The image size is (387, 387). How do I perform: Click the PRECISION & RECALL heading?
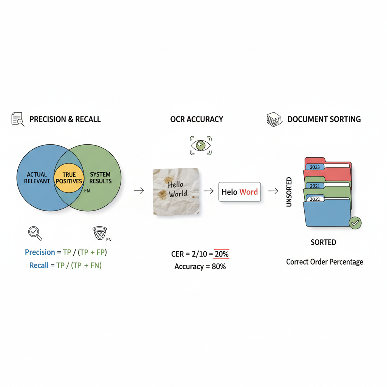(x=65, y=119)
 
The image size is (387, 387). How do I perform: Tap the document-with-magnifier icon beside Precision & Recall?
(x=17, y=119)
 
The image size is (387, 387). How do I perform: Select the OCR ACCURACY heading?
(x=197, y=119)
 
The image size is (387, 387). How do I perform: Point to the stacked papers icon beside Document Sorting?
(x=274, y=119)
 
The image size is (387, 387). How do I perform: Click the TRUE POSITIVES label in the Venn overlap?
(x=69, y=178)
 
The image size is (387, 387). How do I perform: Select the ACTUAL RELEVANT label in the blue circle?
(x=37, y=178)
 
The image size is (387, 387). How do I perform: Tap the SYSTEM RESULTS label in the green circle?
(x=100, y=178)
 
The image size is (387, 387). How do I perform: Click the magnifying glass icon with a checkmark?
(x=35, y=233)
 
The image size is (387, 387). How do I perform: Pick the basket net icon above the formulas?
(x=100, y=233)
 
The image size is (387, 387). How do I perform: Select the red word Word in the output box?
(x=249, y=192)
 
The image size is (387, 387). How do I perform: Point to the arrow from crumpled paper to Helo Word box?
(x=209, y=191)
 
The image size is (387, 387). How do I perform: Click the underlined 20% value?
(x=221, y=254)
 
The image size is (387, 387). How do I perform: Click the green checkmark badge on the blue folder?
(x=355, y=223)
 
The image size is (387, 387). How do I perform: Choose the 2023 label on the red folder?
(x=314, y=167)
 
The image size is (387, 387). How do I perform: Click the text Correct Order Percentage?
(x=325, y=262)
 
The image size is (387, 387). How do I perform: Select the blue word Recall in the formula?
(x=39, y=265)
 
